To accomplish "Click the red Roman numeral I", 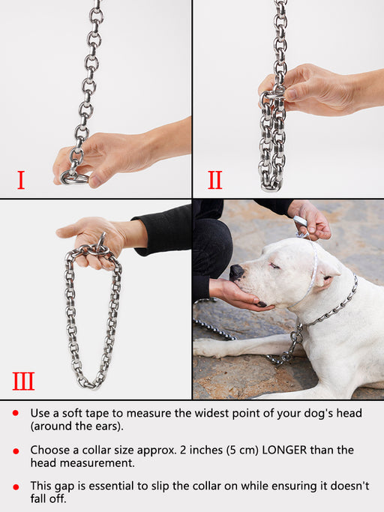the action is click(x=21, y=180).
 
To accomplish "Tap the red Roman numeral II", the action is click(x=215, y=180).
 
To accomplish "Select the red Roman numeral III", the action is click(x=23, y=381).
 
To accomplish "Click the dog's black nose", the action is click(x=236, y=273).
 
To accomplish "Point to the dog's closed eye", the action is click(x=274, y=266).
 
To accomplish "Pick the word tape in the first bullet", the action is click(x=97, y=413).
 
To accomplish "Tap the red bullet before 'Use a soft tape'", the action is click(x=15, y=413).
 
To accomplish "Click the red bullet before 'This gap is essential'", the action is click(x=15, y=487).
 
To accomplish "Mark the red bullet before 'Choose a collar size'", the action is click(x=15, y=451).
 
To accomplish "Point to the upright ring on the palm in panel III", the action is click(x=102, y=241).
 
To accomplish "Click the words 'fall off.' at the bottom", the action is click(x=48, y=499).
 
